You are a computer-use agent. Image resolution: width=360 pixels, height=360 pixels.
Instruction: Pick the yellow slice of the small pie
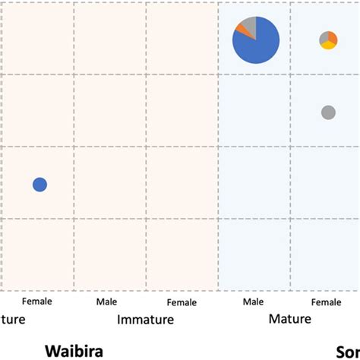click(328, 46)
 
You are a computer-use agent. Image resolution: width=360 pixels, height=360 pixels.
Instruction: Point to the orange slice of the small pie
click(333, 37)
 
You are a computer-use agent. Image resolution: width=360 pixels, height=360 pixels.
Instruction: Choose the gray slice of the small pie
click(324, 37)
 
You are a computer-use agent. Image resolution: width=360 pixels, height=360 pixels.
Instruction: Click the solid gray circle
click(328, 112)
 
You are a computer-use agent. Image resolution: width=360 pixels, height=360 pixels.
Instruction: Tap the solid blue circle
click(39, 184)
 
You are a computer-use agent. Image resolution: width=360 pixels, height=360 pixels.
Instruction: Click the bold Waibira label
click(74, 351)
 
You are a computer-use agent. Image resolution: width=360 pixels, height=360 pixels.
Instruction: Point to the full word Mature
click(289, 319)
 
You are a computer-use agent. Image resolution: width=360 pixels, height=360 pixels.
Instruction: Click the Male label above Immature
click(106, 302)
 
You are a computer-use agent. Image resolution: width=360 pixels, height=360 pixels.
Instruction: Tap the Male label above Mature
click(253, 302)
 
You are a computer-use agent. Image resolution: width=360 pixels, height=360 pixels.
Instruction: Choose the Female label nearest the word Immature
click(182, 302)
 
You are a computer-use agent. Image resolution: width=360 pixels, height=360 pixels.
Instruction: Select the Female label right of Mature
click(327, 302)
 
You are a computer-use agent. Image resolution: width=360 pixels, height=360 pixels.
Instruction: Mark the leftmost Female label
click(36, 302)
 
